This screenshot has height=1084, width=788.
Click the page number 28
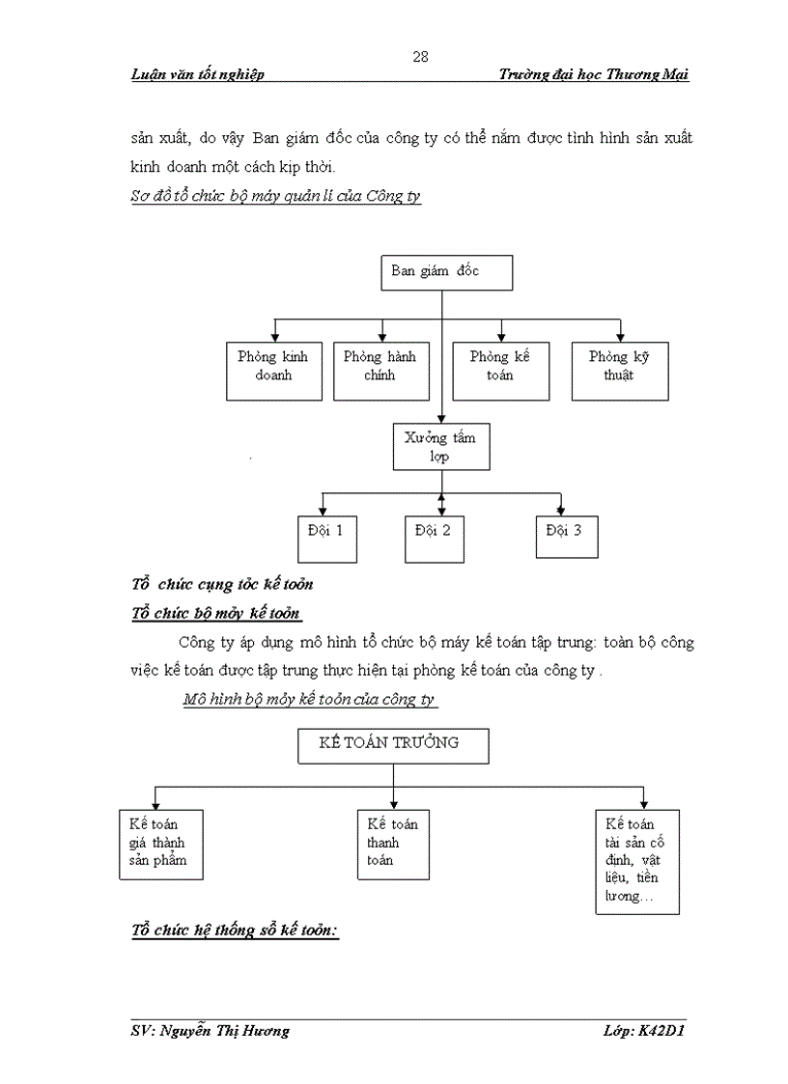[420, 56]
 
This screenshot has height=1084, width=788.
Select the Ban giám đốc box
[445, 272]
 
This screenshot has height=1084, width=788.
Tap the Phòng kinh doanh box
[273, 371]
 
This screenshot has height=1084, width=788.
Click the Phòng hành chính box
[380, 371]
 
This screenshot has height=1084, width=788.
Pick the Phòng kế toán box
[500, 371]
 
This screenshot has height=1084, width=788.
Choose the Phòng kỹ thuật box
[619, 371]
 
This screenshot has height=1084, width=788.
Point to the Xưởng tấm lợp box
[439, 446]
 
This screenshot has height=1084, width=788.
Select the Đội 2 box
[434, 539]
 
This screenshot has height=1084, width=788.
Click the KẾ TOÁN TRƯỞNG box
[392, 745]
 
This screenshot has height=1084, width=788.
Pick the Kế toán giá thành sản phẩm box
[160, 843]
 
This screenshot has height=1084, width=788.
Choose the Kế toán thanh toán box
[393, 843]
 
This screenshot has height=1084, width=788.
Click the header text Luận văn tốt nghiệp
[198, 75]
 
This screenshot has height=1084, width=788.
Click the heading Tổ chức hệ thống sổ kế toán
[235, 931]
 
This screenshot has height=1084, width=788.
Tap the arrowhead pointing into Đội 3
[560, 511]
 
